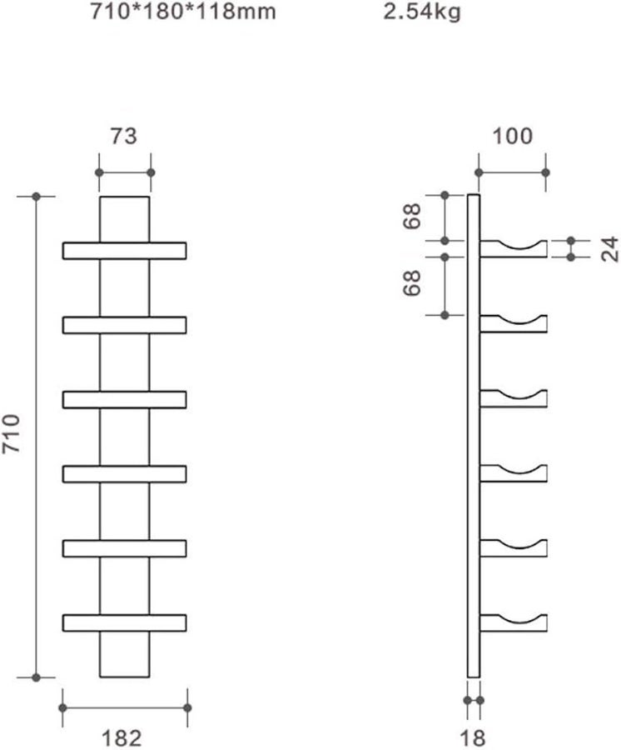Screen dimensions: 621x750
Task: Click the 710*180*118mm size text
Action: [x=183, y=11]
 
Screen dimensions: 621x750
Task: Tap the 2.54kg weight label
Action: [x=422, y=12]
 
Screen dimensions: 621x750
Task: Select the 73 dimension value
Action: [x=124, y=137]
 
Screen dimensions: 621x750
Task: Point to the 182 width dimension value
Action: [x=122, y=738]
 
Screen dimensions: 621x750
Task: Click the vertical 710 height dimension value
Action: [x=12, y=433]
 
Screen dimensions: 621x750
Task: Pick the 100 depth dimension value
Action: [x=512, y=137]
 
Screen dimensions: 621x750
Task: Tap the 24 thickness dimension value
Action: [x=609, y=249]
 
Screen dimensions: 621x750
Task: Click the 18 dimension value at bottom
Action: [x=473, y=738]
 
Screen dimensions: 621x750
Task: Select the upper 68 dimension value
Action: [x=411, y=216]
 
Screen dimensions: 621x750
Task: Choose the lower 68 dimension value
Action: [x=411, y=283]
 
